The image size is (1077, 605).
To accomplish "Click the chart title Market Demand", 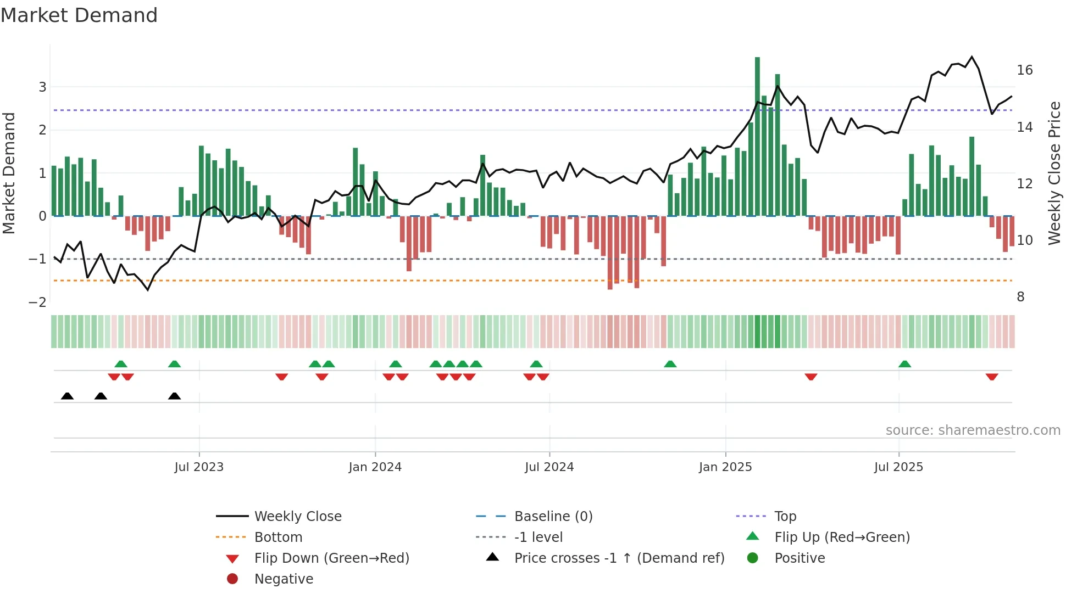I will coord(79,15).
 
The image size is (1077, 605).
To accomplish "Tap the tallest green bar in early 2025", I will coord(757,137).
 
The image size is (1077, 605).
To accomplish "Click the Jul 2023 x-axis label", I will coord(199,467).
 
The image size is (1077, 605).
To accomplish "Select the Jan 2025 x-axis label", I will coord(725,467).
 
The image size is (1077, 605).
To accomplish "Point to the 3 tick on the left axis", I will coord(42,87).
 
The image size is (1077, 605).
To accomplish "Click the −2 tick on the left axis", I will coord(38,302).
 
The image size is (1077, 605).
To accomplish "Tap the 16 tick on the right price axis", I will coord(1024,70).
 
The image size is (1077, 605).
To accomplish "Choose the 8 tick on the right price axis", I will coord(1020,297).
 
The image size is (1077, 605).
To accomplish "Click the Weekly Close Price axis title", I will coord(1054,173).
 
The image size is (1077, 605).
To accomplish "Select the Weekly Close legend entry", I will coord(297,516).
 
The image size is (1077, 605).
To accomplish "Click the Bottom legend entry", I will coord(278,537).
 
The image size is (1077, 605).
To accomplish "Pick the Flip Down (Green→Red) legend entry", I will coord(331,558).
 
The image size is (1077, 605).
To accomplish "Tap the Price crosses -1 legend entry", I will coord(619,558).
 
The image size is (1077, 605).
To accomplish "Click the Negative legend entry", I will coord(284,579).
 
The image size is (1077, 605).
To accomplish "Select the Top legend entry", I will coord(785,516).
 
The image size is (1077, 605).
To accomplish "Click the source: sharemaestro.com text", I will coord(973,430).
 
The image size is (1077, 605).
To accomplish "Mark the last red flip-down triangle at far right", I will coord(992,377).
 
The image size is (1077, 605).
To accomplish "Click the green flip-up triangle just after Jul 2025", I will coord(904,364).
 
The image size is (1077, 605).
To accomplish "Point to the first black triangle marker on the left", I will coord(67,396).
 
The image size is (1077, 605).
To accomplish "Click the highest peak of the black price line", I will coord(971,57).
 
